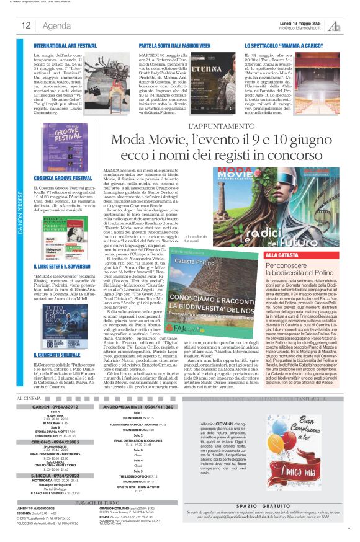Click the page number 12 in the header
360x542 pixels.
pyautogui.click(x=26, y=25)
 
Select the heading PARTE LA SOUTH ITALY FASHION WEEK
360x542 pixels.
pyautogui.click(x=179, y=46)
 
